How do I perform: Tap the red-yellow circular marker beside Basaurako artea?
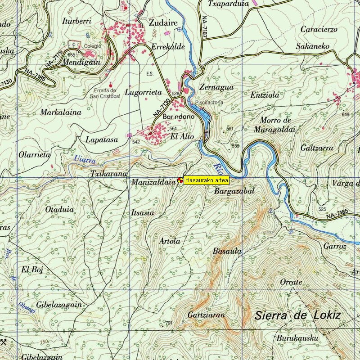pyautogui.click(x=180, y=180)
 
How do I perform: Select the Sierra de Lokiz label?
pyautogui.click(x=297, y=315)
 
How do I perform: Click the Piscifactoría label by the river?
pyautogui.click(x=209, y=103)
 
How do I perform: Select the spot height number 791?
pyautogui.click(x=169, y=323)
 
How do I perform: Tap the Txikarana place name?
pyautogui.click(x=108, y=174)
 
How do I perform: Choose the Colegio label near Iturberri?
pyautogui.click(x=94, y=46)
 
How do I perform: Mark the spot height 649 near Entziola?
pyautogui.click(x=345, y=114)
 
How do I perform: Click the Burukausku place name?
pyautogui.click(x=297, y=337)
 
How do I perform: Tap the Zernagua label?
pyautogui.click(x=216, y=87)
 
